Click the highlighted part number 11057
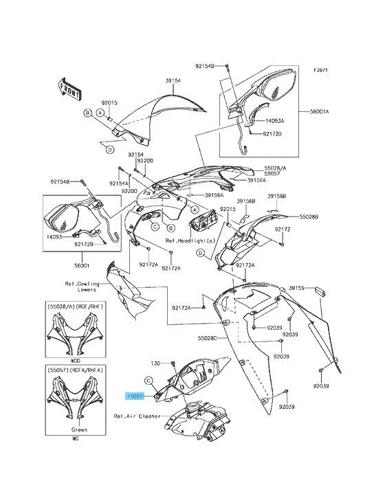135,396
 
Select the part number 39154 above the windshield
173,81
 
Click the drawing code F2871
320,69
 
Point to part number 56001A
320,111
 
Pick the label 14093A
274,121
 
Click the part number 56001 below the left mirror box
82,266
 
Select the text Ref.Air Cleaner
137,416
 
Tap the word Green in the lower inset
79,429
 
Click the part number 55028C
207,338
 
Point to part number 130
155,363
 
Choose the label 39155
296,288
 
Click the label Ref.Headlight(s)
190,241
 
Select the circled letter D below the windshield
109,149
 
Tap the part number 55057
272,174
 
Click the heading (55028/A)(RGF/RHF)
76,306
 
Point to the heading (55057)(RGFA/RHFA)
76,370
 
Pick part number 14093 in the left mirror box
54,237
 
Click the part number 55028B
309,217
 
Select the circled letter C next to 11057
148,381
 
